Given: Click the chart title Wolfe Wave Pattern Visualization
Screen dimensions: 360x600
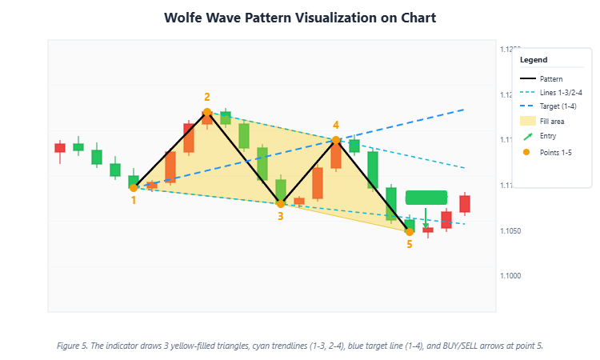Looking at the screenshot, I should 299,18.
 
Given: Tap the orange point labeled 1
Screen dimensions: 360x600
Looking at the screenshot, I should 134,188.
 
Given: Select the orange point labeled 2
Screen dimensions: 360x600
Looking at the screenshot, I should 207,113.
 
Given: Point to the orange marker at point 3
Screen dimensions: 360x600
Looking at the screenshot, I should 281,203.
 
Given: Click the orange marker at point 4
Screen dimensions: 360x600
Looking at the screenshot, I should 336,140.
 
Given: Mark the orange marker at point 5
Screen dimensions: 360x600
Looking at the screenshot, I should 410,231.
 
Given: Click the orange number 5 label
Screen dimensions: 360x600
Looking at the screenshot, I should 410,244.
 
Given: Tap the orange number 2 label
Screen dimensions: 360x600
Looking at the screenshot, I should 207,98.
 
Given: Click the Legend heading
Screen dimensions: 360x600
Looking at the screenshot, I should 534,60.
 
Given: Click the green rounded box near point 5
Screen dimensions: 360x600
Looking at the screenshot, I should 426,198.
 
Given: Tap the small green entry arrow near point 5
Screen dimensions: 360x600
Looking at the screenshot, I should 426,224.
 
